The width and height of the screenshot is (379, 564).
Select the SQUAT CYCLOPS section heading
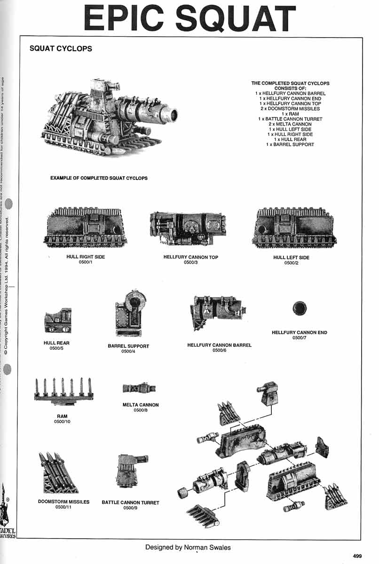coord(61,49)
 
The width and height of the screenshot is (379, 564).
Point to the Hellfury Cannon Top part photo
coord(190,228)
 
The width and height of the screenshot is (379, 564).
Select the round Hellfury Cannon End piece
coord(299,309)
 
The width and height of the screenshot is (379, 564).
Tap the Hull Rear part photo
coord(57,320)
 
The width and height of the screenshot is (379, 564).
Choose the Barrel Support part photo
coord(128,313)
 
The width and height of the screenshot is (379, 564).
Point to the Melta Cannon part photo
coord(139,388)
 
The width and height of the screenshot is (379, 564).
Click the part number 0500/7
coord(300,337)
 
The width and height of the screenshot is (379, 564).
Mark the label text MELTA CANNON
coord(141,405)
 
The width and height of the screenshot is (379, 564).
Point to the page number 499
coord(357,556)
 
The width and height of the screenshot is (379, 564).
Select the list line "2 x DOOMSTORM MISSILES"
coord(290,109)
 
